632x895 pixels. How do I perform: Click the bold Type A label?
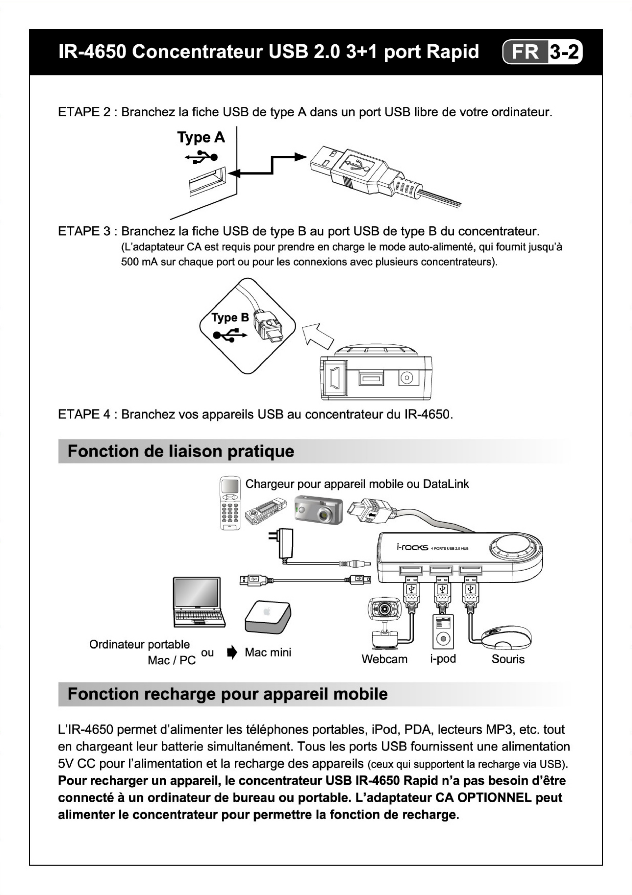coord(201,137)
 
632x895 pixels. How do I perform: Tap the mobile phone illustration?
coord(230,503)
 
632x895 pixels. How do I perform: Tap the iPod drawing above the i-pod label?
coord(443,631)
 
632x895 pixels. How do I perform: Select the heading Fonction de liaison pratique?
coord(181,451)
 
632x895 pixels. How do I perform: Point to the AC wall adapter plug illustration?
coord(283,543)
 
